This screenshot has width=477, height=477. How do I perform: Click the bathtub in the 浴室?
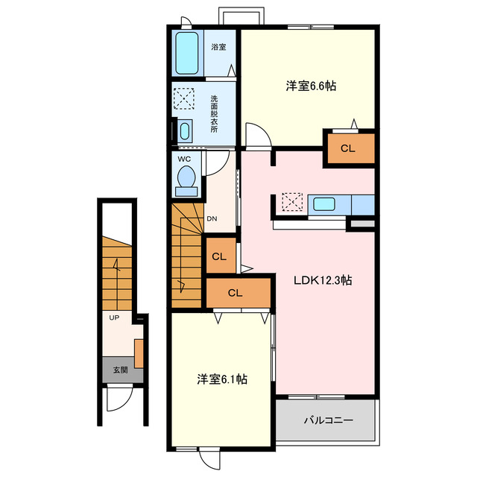(187, 53)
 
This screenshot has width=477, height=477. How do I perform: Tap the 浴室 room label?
(218, 47)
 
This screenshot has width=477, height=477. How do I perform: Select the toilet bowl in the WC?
(186, 177)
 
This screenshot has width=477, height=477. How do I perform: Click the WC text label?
(184, 159)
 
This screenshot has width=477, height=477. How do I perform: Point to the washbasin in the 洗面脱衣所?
(185, 131)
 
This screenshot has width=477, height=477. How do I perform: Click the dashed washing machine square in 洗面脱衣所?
(184, 98)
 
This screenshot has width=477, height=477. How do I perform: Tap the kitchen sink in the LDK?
(324, 204)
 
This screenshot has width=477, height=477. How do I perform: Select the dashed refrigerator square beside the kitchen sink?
(292, 201)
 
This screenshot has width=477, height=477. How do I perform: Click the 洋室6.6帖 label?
(311, 86)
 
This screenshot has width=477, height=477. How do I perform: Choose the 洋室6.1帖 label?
(222, 379)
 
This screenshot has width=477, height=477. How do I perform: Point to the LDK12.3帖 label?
(323, 280)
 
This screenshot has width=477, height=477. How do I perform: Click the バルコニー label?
(329, 420)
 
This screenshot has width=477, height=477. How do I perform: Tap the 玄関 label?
(120, 370)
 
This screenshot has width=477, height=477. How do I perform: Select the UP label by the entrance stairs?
(114, 318)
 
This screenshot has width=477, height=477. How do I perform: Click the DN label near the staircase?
(212, 218)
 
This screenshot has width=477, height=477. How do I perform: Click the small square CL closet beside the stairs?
(221, 256)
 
